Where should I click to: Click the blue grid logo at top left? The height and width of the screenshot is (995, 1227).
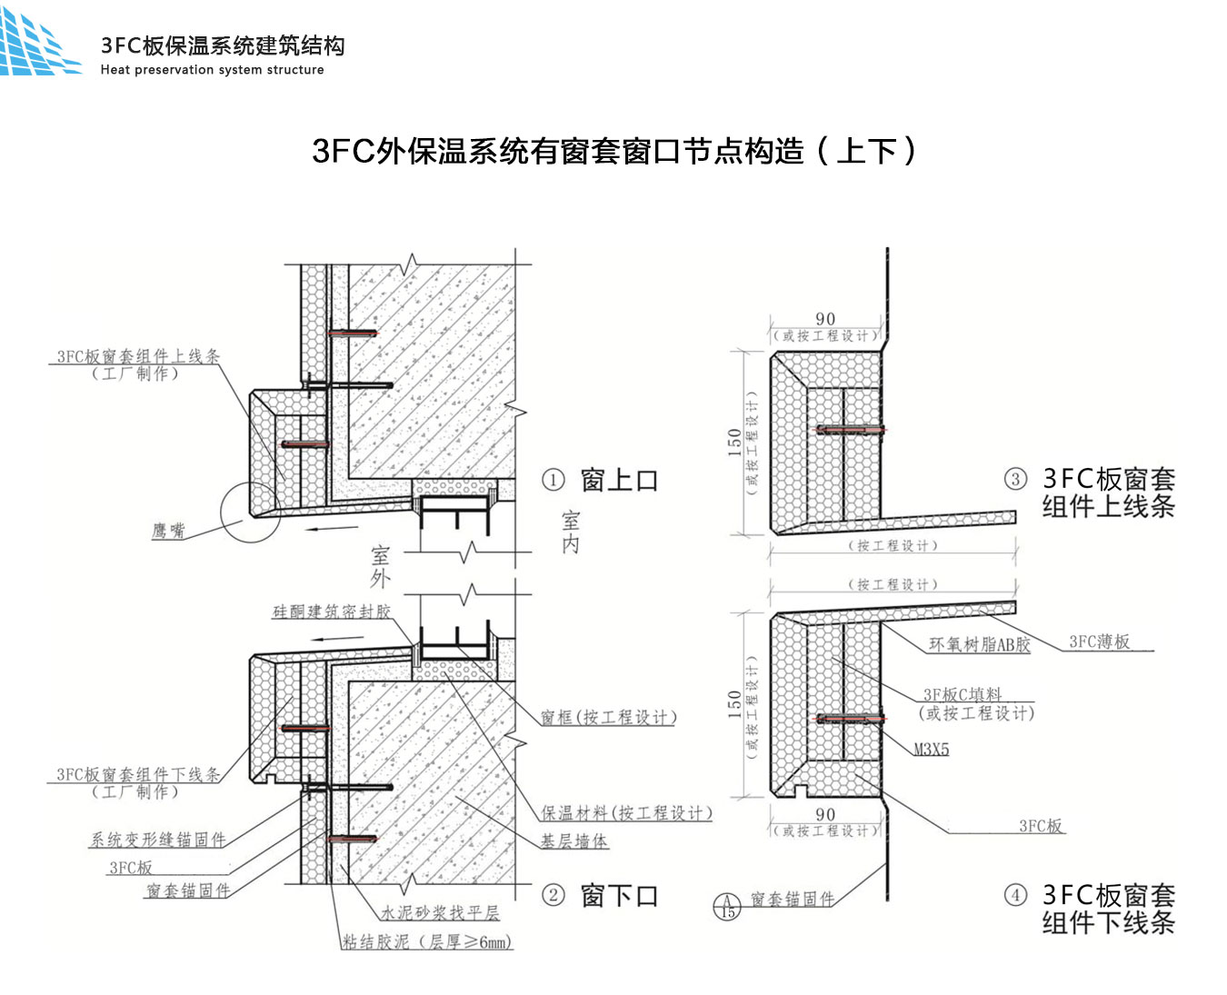[x=38, y=45]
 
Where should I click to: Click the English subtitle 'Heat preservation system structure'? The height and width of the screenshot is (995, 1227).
[x=212, y=70]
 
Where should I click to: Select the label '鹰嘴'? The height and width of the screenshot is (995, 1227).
[x=168, y=531]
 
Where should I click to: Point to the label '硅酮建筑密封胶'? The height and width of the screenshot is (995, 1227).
[x=332, y=612]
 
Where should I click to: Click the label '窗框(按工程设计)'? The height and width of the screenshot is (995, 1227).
[x=608, y=718]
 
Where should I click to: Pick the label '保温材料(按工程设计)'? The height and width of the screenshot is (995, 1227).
[x=626, y=812]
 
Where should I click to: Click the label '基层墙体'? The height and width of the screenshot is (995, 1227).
[x=574, y=841]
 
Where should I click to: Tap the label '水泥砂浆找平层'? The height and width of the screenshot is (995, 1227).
[x=440, y=912]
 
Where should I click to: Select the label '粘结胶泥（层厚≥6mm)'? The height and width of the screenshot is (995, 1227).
[x=427, y=942]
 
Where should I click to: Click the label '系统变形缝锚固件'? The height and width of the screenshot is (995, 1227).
[x=157, y=840]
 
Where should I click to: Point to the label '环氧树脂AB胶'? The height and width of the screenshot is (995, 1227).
[x=980, y=645]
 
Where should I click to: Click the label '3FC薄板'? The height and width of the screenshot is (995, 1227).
[x=1099, y=642]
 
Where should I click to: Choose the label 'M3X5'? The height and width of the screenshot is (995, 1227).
[x=932, y=750]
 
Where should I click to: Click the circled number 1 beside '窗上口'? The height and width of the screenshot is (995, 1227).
[x=554, y=480]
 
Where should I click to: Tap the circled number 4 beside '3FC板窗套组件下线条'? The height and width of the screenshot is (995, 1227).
[x=1015, y=895]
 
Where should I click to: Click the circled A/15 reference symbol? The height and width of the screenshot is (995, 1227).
[x=727, y=906]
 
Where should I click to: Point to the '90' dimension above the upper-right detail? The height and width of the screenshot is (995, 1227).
[x=825, y=319]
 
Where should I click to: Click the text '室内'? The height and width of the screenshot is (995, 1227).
[x=571, y=532]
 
